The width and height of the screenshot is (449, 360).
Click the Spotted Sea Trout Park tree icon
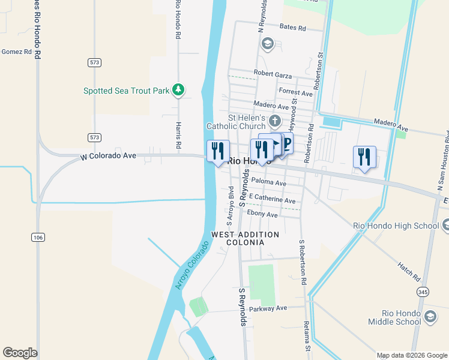point(178,90)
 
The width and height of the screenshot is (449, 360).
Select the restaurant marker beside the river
point(218,150)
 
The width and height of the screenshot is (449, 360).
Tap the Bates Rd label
point(293,28)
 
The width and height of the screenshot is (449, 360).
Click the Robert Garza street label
point(273,74)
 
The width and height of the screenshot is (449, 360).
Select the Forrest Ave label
point(296,93)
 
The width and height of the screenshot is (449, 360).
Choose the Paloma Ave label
point(269,182)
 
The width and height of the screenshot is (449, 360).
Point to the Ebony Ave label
point(262,214)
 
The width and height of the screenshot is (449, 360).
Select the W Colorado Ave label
point(108,156)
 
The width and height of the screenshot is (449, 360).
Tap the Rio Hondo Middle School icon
point(430,316)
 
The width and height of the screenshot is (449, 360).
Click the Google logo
point(20,353)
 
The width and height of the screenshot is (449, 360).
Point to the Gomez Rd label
point(16,52)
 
